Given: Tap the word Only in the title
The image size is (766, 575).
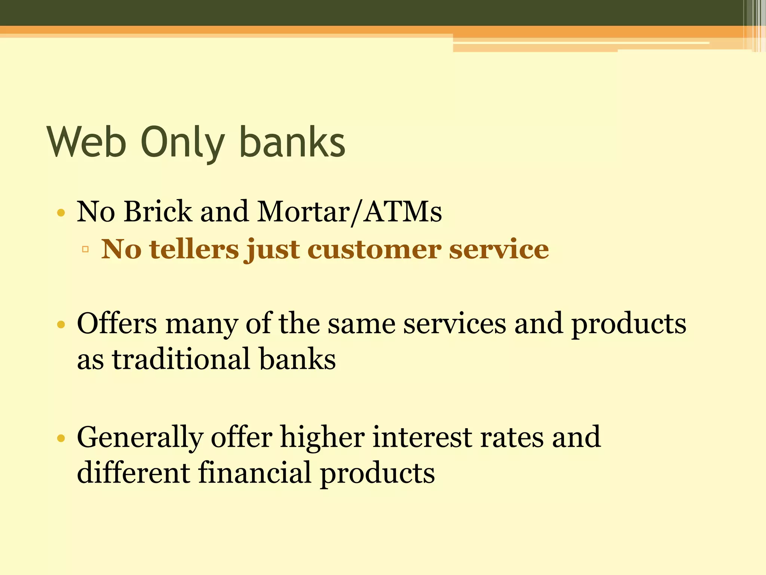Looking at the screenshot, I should pyautogui.click(x=182, y=143).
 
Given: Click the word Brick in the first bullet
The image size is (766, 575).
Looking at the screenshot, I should pyautogui.click(x=157, y=212).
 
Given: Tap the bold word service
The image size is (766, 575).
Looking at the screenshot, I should pyautogui.click(x=499, y=249).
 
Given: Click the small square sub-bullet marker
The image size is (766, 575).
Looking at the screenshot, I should pyautogui.click(x=85, y=249).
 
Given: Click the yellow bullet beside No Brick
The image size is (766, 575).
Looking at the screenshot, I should pyautogui.click(x=61, y=213).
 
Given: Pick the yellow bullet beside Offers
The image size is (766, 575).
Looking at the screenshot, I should pyautogui.click(x=61, y=324).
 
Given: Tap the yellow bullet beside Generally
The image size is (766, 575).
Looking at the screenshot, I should pyautogui.click(x=61, y=438).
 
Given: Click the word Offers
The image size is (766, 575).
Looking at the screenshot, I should pyautogui.click(x=117, y=323).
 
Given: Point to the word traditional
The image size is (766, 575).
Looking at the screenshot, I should pyautogui.click(x=181, y=359).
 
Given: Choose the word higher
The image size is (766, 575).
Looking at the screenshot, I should pyautogui.click(x=322, y=437).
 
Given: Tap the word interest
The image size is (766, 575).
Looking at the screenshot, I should pyautogui.click(x=422, y=437).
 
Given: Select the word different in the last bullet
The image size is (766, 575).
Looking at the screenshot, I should pyautogui.click(x=134, y=472).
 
